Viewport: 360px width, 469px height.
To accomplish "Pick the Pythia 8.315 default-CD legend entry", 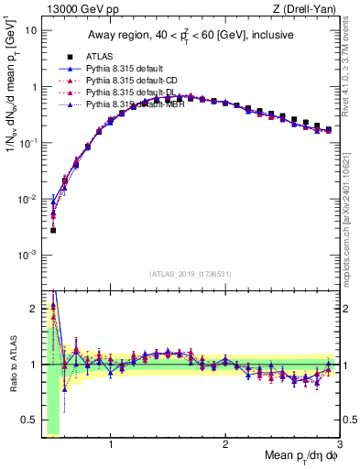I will (124, 81).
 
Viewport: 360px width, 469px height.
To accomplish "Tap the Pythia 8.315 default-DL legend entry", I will (124, 93).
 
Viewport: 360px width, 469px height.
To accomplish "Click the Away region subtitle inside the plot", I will (190, 36).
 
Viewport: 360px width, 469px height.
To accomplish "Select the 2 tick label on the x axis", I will (225, 445).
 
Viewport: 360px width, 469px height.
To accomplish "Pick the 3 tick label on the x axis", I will (339, 445).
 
